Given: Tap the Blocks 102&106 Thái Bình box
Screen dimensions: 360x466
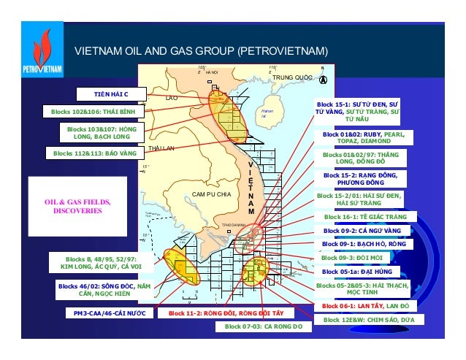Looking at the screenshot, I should point(93,112).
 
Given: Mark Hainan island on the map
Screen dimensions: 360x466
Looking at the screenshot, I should point(269,108).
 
